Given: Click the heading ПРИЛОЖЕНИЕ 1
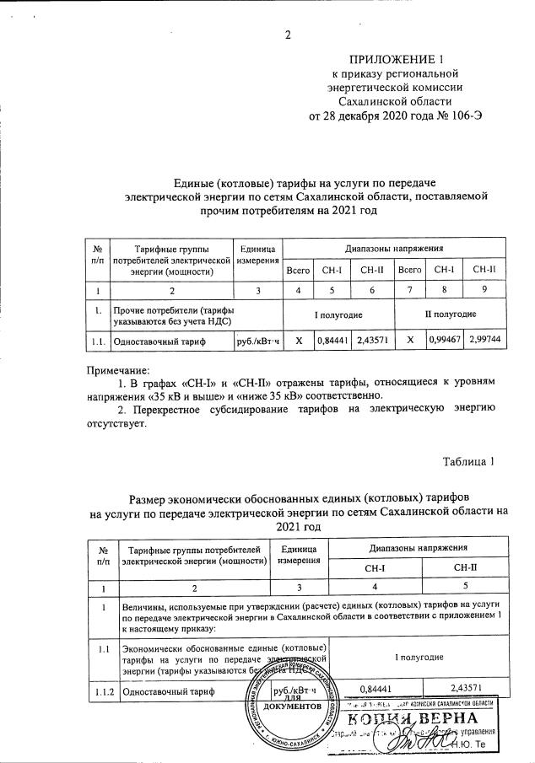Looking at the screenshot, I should [x=396, y=59].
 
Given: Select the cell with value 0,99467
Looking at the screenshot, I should [x=446, y=341].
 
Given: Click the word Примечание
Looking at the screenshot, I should [x=118, y=369].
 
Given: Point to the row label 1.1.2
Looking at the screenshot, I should [x=105, y=690].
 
